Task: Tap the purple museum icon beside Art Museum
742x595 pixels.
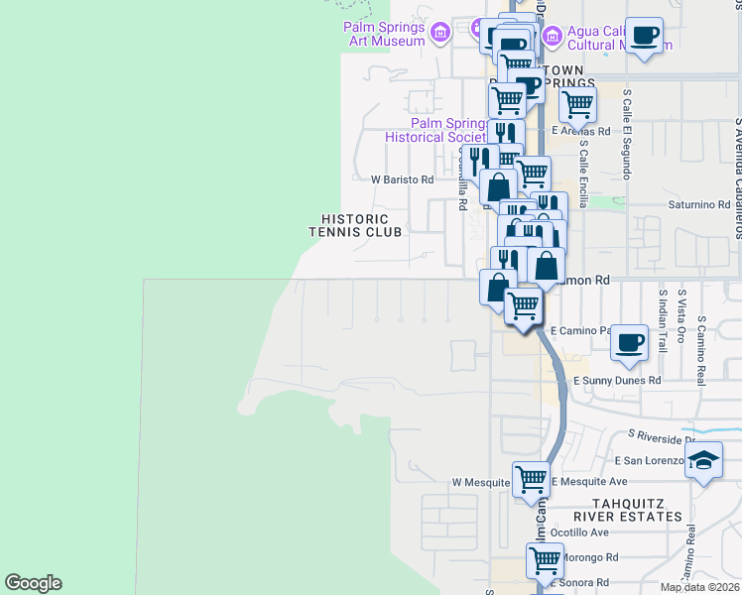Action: click(441, 35)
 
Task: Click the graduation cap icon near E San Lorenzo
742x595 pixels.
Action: click(703, 460)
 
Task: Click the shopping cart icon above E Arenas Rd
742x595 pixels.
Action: click(577, 102)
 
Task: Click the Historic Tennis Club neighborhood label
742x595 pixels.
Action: click(355, 225)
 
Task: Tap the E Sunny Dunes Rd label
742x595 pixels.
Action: click(616, 380)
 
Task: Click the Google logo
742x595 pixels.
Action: click(33, 583)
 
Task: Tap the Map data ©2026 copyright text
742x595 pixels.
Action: click(699, 587)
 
